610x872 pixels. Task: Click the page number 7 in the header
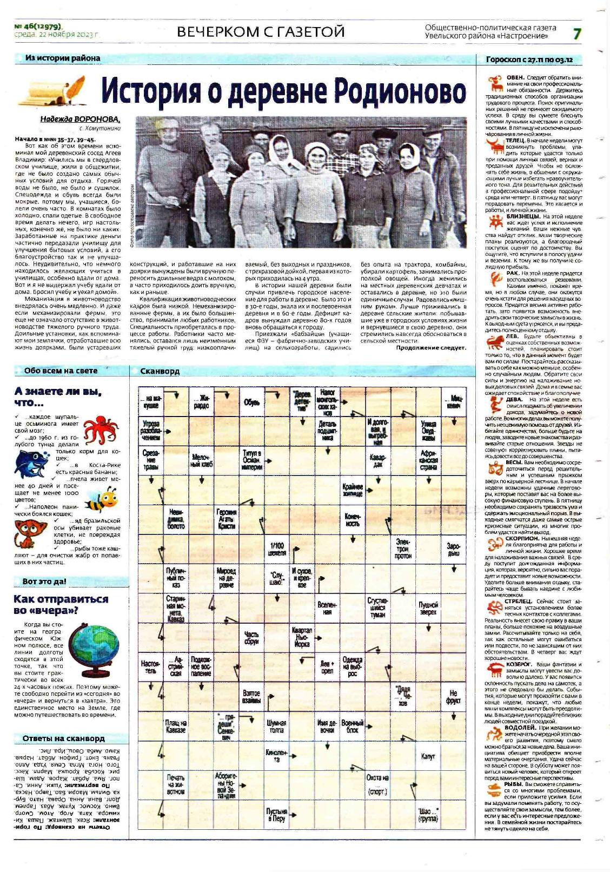(x=577, y=34)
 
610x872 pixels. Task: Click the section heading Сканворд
(x=160, y=372)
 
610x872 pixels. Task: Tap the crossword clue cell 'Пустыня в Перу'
(x=276, y=815)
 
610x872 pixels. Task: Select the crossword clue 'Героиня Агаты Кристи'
(x=227, y=519)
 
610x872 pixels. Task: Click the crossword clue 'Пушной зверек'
(x=428, y=608)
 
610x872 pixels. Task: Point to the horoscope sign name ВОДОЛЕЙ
(x=520, y=728)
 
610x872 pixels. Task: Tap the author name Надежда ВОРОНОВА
(x=81, y=120)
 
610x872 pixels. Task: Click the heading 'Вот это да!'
(x=44, y=582)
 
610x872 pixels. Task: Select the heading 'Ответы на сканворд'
(x=63, y=738)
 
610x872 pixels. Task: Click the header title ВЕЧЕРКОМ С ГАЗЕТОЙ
(x=261, y=32)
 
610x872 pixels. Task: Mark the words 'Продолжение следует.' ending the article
(x=431, y=347)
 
